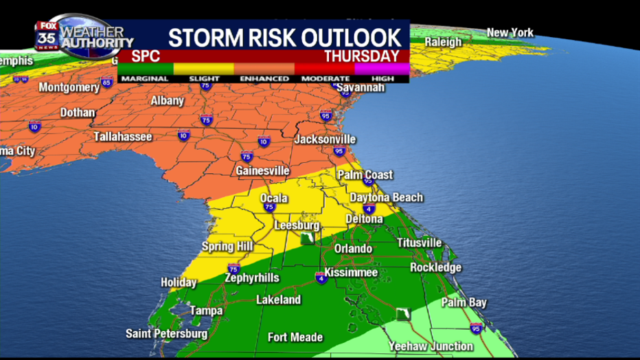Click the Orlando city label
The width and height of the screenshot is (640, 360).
353,249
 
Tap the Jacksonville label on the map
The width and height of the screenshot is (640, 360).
325,139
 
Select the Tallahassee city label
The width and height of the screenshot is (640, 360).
122,137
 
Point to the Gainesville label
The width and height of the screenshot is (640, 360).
262,170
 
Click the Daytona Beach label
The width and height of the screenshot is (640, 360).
387,198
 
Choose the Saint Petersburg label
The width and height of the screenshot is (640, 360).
166,334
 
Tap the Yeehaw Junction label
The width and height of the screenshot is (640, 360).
431,346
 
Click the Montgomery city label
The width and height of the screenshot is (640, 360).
69,88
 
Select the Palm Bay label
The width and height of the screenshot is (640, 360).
464,302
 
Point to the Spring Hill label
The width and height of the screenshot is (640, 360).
227,247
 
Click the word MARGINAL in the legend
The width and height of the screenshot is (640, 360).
144,78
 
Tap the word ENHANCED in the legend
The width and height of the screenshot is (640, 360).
264,78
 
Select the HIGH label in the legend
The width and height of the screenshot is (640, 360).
382,78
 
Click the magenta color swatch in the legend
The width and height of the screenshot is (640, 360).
382,68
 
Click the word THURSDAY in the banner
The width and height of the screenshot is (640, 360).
362,56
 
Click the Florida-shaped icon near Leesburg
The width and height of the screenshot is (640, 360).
308,238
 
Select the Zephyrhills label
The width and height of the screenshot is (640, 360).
252,278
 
